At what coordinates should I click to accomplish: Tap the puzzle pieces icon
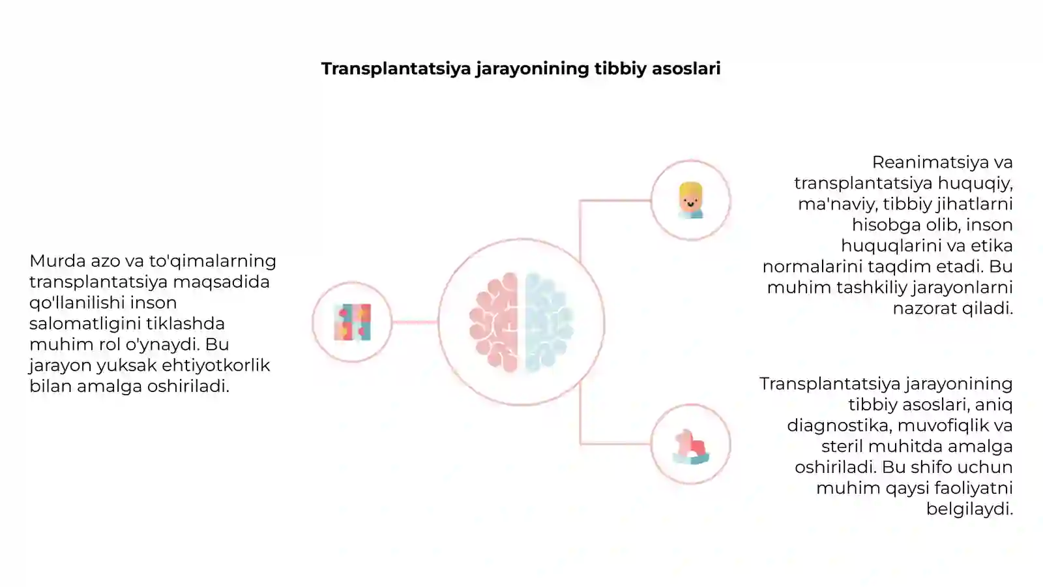353,322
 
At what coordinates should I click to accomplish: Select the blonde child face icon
690,200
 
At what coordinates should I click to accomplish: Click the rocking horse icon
691,447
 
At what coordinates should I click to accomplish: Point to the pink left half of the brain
494,322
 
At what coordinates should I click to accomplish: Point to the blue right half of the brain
549,322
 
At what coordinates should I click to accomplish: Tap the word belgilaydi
969,509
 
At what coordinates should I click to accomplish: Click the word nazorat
924,309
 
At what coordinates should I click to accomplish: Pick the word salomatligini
85,324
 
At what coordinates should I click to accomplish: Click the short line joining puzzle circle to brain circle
415,322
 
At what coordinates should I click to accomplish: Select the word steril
842,446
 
